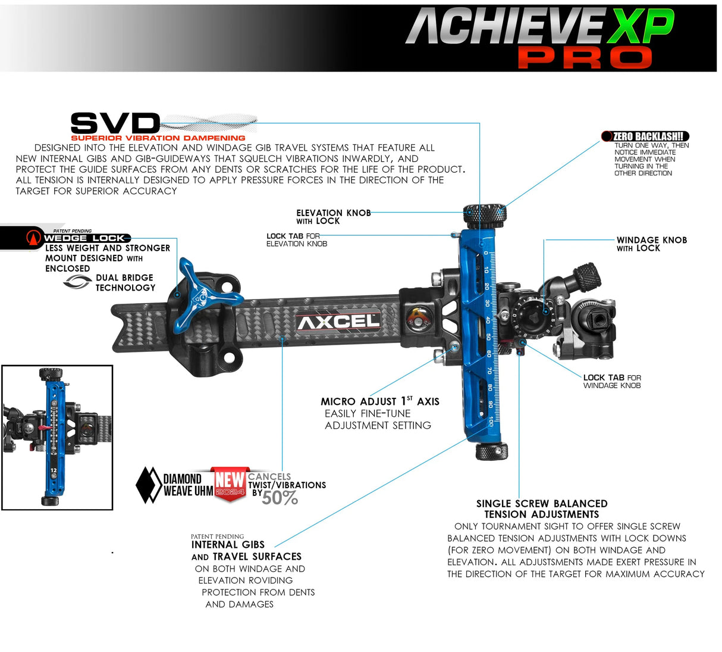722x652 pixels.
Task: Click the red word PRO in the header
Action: (585, 58)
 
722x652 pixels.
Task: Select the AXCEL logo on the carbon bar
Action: (338, 322)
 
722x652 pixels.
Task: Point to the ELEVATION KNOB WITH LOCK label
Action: (333, 217)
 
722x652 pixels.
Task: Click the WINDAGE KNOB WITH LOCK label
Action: (651, 244)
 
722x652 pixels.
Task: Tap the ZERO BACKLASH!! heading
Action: (651, 136)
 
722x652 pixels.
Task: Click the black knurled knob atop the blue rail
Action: (485, 213)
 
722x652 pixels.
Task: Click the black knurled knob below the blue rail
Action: (491, 451)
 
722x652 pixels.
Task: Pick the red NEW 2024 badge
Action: (230, 483)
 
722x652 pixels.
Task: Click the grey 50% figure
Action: (280, 498)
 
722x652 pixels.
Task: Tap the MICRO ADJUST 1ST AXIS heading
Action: (379, 401)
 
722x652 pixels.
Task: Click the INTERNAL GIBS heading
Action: (228, 544)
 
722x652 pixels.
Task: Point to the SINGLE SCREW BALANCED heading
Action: (541, 504)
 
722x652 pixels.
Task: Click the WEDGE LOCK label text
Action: (84, 238)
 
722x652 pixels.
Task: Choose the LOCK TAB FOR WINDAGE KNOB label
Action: (611, 381)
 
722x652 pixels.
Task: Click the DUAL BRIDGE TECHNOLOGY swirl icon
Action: (77, 282)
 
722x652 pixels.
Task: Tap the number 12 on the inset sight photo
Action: (54, 470)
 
